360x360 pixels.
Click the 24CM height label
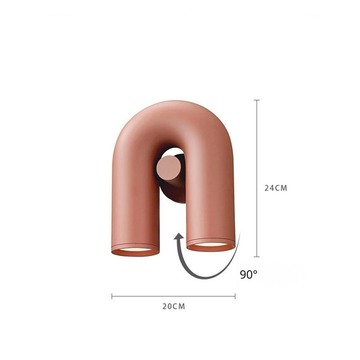pos(276,188)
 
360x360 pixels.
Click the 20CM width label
pos(173,306)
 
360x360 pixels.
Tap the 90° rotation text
pos(249,274)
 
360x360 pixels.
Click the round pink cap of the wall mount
pos(168,167)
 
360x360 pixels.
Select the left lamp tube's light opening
pos(135,250)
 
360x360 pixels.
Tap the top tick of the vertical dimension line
pos(257,100)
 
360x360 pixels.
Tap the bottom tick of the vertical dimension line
pos(257,257)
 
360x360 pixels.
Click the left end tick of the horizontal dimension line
pos(112,296)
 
